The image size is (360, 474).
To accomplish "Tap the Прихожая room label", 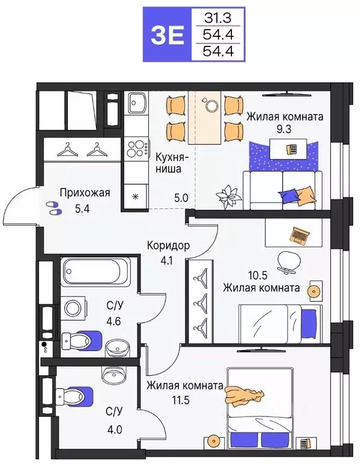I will click(x=85, y=193).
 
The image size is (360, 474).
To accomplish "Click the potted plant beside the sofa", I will click(x=226, y=195).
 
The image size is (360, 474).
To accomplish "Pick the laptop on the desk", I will click(x=300, y=235).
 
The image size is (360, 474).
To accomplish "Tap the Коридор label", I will click(x=168, y=246).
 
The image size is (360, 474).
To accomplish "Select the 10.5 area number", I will click(x=236, y=274).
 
